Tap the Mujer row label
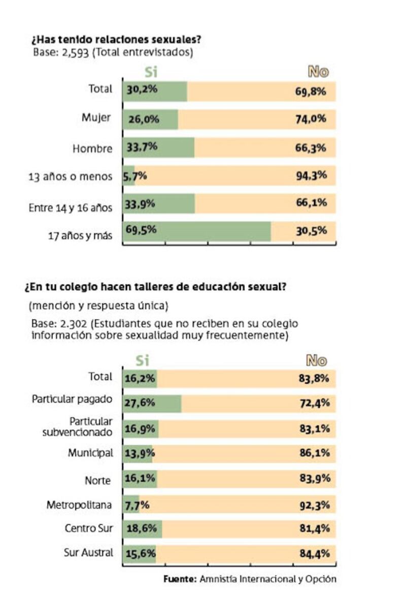pos(96,118)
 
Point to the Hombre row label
pos(92,149)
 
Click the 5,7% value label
pos(134,176)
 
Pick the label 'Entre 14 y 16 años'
pos(70,207)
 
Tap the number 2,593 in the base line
pos(68,52)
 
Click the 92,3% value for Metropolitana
pos(315,505)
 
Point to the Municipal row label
pos(90,452)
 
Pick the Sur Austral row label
pos(88,552)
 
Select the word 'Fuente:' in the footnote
pos(180,579)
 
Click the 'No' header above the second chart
pos(316,361)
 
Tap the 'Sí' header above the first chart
pos(151,72)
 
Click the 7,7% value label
pos(137,505)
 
